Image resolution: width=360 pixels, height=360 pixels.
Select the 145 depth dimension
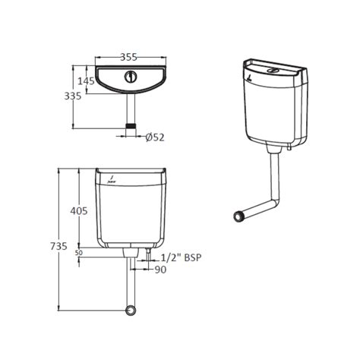(85, 81)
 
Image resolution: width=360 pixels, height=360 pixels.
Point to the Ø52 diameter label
(155, 137)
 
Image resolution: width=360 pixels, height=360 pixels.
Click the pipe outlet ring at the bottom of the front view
(131, 311)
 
